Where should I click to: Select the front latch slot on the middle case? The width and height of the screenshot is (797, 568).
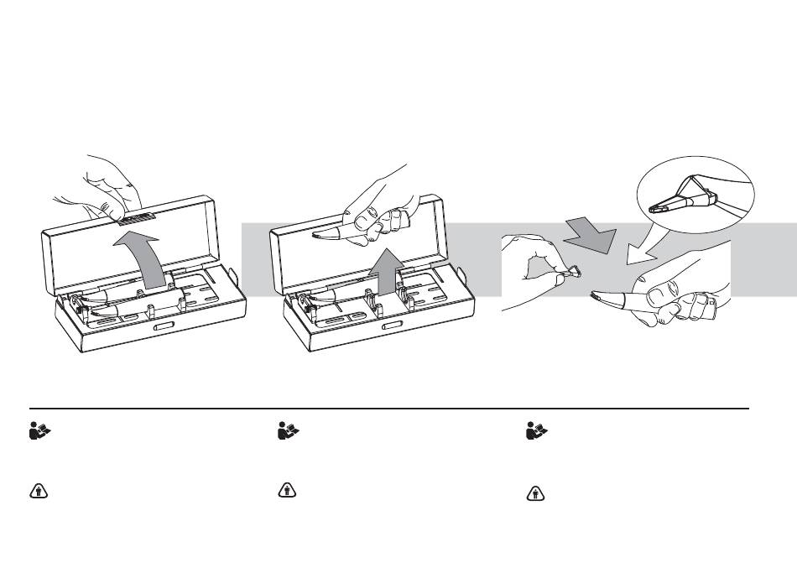(x=393, y=326)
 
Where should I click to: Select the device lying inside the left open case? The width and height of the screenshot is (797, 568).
(x=134, y=298)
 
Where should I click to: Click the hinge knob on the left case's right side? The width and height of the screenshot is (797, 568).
(x=238, y=277)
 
